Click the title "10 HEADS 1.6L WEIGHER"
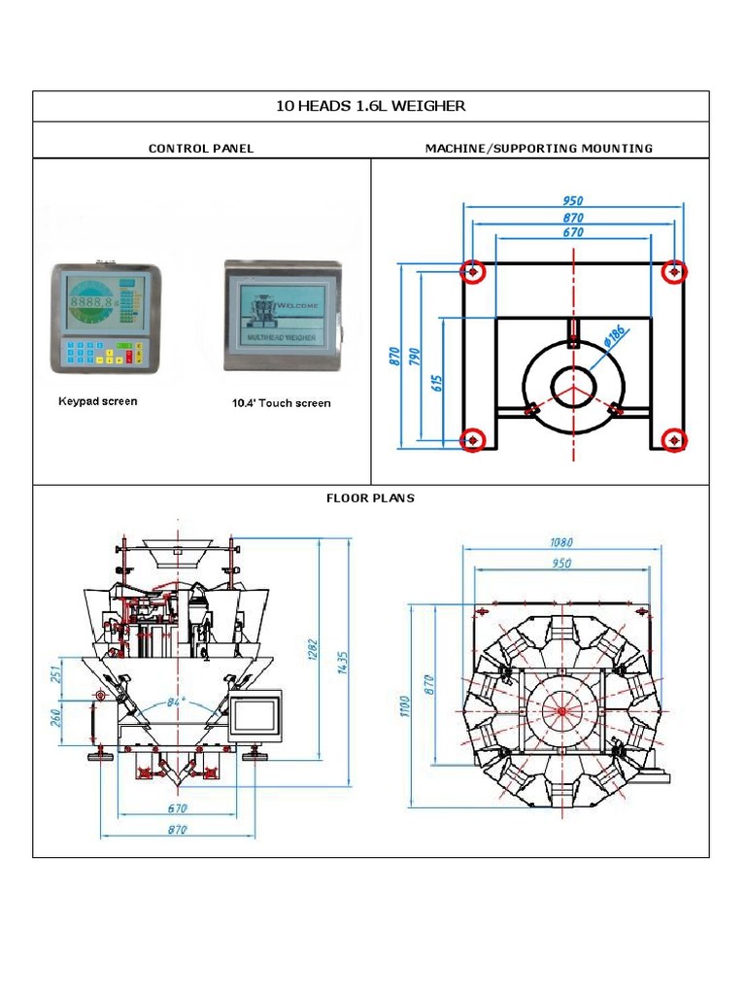371,106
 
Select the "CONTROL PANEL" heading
201,149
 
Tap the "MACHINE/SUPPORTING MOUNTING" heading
539,149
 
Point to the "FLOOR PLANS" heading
370,497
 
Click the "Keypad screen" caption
98,401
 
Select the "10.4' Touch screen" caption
281,403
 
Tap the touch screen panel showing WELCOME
284,315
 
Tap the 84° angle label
176,701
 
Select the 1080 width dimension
561,543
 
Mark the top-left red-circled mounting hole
473,272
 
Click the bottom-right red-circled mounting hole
674,441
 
